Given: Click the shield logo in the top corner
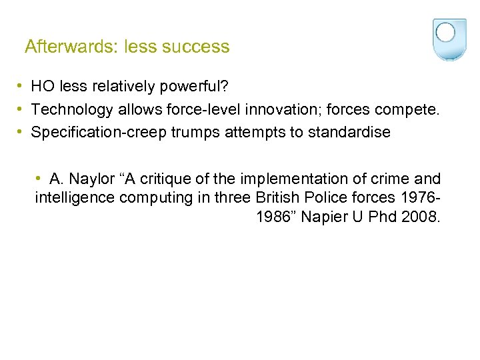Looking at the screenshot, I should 445,39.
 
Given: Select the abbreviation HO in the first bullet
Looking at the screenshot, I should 43,87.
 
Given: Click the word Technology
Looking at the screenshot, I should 67,109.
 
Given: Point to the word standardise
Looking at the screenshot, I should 349,132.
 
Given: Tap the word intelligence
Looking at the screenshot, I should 74,197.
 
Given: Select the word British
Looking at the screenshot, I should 279,197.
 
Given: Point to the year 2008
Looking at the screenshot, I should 421,217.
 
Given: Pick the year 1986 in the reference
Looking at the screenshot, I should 271,217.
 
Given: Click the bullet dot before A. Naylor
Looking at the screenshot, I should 40,179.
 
